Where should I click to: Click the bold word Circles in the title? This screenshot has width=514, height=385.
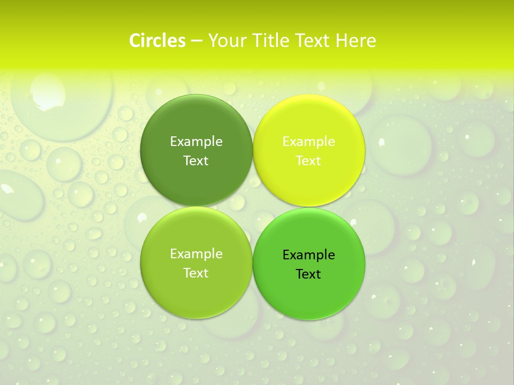point(157,41)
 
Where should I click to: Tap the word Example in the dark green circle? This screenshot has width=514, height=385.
point(196,142)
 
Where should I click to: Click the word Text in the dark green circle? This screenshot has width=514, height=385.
point(196,161)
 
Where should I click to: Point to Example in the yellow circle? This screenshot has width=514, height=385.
point(309,142)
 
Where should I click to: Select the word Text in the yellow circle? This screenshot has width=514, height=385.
point(309,161)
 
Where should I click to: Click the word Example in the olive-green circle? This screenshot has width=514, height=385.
point(196,254)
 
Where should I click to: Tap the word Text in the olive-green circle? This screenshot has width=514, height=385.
point(196,273)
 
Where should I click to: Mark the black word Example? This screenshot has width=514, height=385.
point(309,255)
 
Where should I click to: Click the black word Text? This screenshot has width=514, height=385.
point(309,274)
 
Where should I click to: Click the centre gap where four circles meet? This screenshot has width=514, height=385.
point(253,206)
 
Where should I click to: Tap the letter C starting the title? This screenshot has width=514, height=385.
point(135,41)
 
